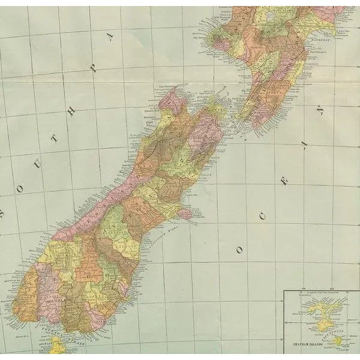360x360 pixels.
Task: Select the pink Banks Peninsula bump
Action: click(x=185, y=213)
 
